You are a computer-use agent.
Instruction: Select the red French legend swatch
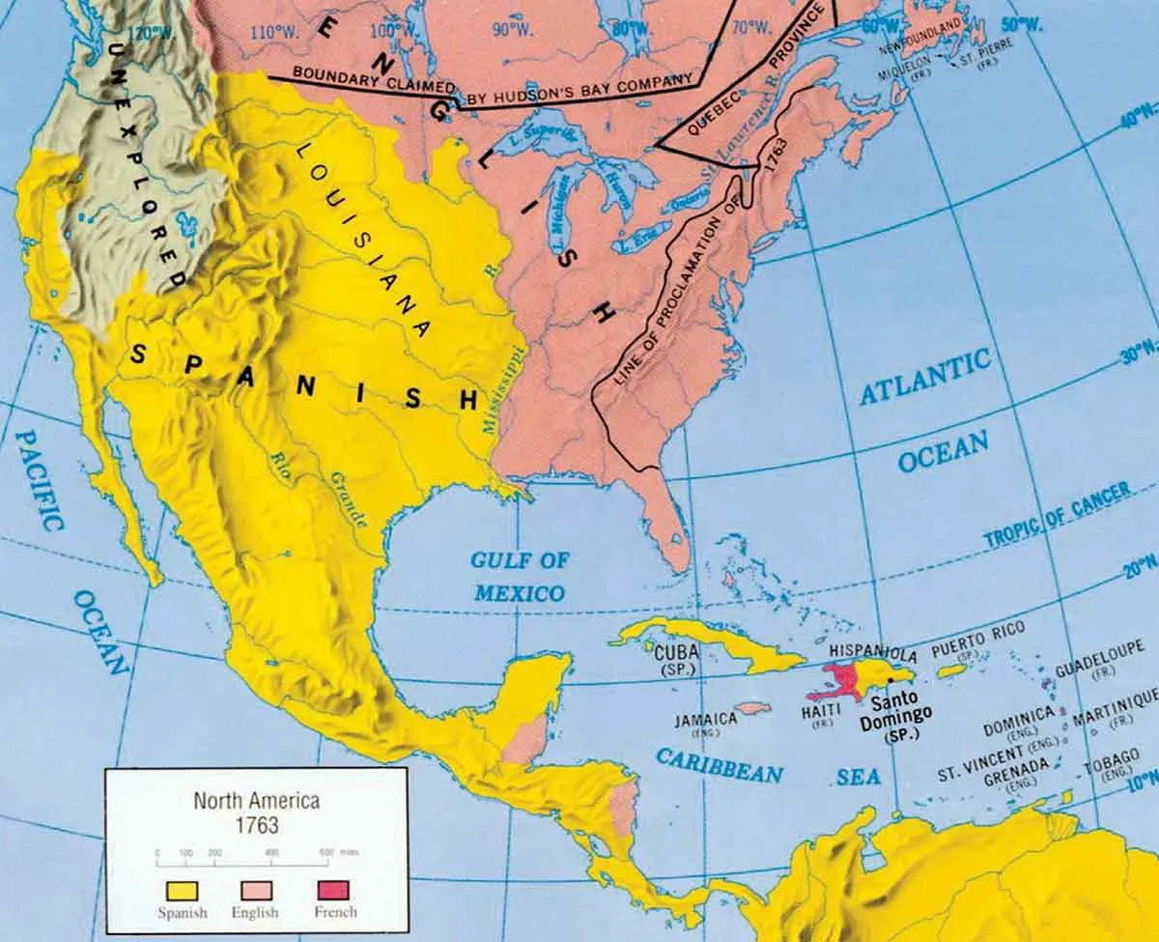[x=335, y=890]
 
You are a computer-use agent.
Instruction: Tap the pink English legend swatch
[x=255, y=890]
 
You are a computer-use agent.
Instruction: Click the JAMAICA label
[x=706, y=719]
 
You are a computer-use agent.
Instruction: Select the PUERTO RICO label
[x=972, y=640]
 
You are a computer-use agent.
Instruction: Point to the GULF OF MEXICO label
[x=519, y=576]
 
